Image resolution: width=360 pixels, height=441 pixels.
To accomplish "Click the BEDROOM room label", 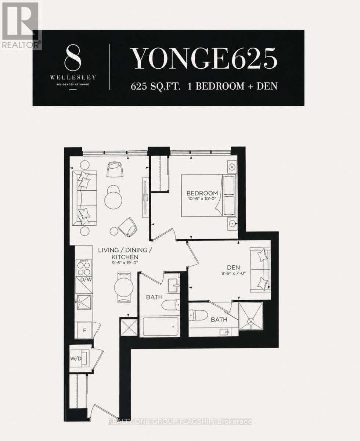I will click(202, 193).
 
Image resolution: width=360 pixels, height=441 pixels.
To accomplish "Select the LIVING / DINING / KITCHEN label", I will click(122, 253).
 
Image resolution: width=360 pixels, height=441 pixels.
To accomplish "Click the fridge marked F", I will click(84, 330).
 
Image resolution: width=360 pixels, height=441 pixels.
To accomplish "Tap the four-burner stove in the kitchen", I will click(84, 268).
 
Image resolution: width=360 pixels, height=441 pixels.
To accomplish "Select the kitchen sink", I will click(84, 302).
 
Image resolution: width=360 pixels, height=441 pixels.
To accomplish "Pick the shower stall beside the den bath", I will click(251, 318).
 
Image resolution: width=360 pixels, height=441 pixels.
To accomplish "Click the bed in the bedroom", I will click(208, 195).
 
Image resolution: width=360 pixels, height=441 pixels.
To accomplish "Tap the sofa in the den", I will click(260, 269).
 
